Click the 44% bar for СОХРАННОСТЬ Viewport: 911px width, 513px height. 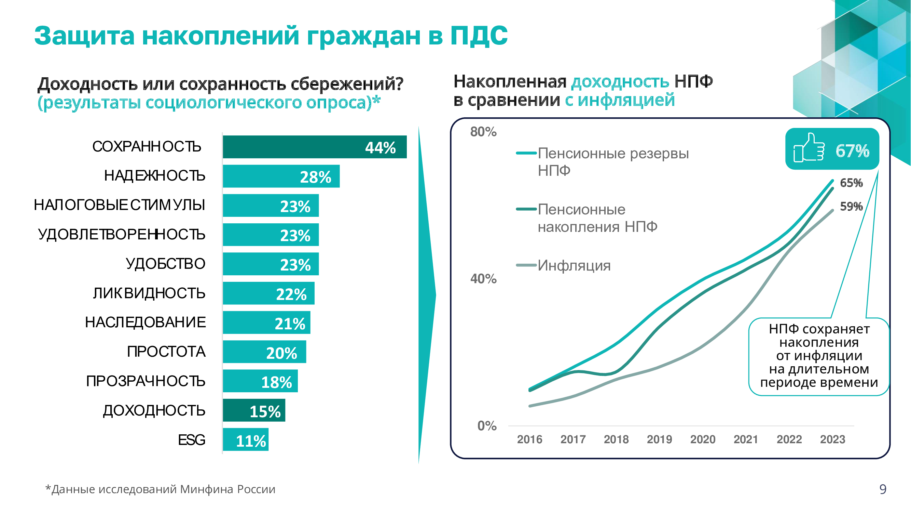click(x=314, y=147)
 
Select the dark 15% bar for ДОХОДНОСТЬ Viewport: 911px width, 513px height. click(x=253, y=410)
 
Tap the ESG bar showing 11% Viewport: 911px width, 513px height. click(x=246, y=440)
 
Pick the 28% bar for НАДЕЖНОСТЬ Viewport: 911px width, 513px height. click(x=281, y=176)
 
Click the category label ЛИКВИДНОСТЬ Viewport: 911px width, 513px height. click(x=149, y=293)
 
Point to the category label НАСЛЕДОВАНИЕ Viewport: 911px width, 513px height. click(x=146, y=323)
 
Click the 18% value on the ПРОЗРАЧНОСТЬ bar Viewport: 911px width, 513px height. click(x=276, y=382)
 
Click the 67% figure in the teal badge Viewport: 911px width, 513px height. click(x=852, y=151)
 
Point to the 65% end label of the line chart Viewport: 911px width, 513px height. click(x=851, y=183)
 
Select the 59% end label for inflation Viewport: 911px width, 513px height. click(x=851, y=207)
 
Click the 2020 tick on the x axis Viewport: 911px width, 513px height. click(x=703, y=439)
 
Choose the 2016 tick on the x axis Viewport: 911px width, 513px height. click(x=529, y=439)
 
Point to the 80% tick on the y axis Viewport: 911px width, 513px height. click(x=483, y=132)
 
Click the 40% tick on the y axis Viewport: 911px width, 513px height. click(x=483, y=279)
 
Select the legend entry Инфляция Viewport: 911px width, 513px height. click(x=574, y=265)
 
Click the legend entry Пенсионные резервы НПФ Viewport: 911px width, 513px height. click(x=613, y=162)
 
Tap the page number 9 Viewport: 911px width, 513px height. click(x=883, y=489)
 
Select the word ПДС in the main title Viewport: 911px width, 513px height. click(x=479, y=36)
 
